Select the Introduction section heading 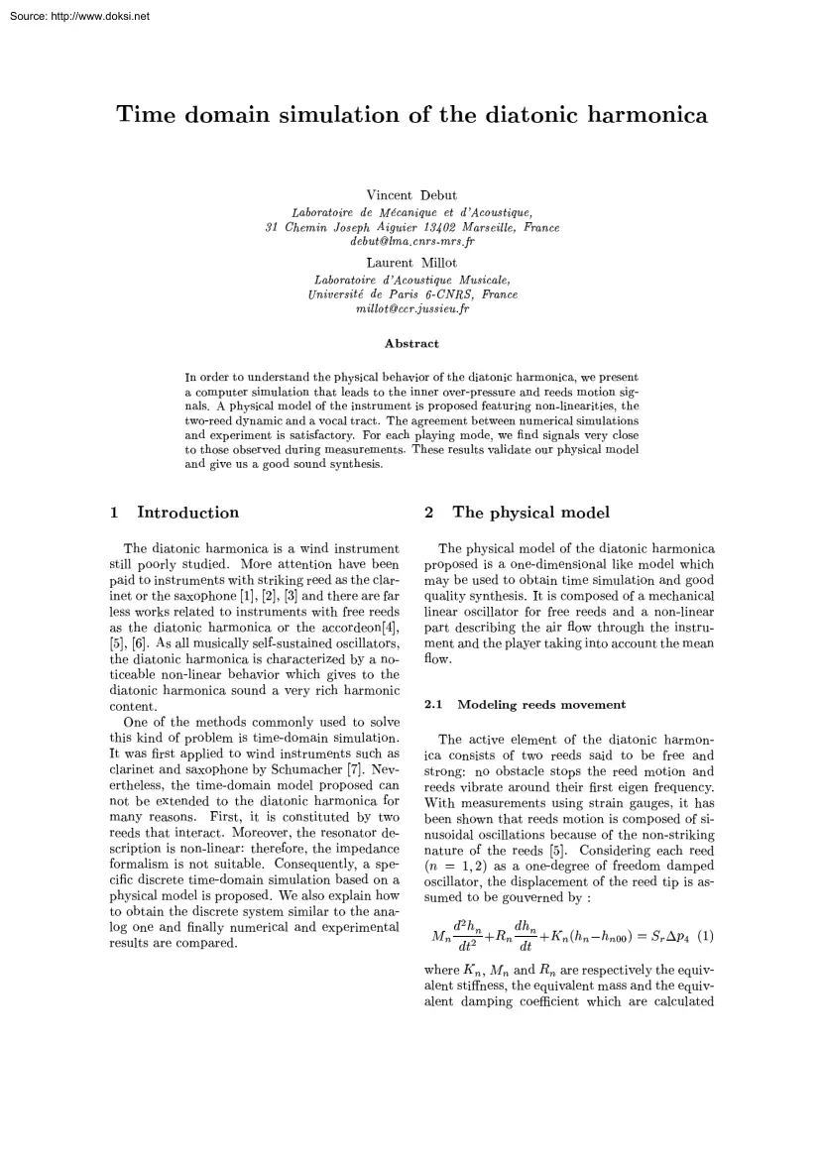pyautogui.click(x=187, y=513)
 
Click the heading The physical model pyautogui.click(x=530, y=513)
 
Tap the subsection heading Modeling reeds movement pyautogui.click(x=540, y=705)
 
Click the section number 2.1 pyautogui.click(x=433, y=705)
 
